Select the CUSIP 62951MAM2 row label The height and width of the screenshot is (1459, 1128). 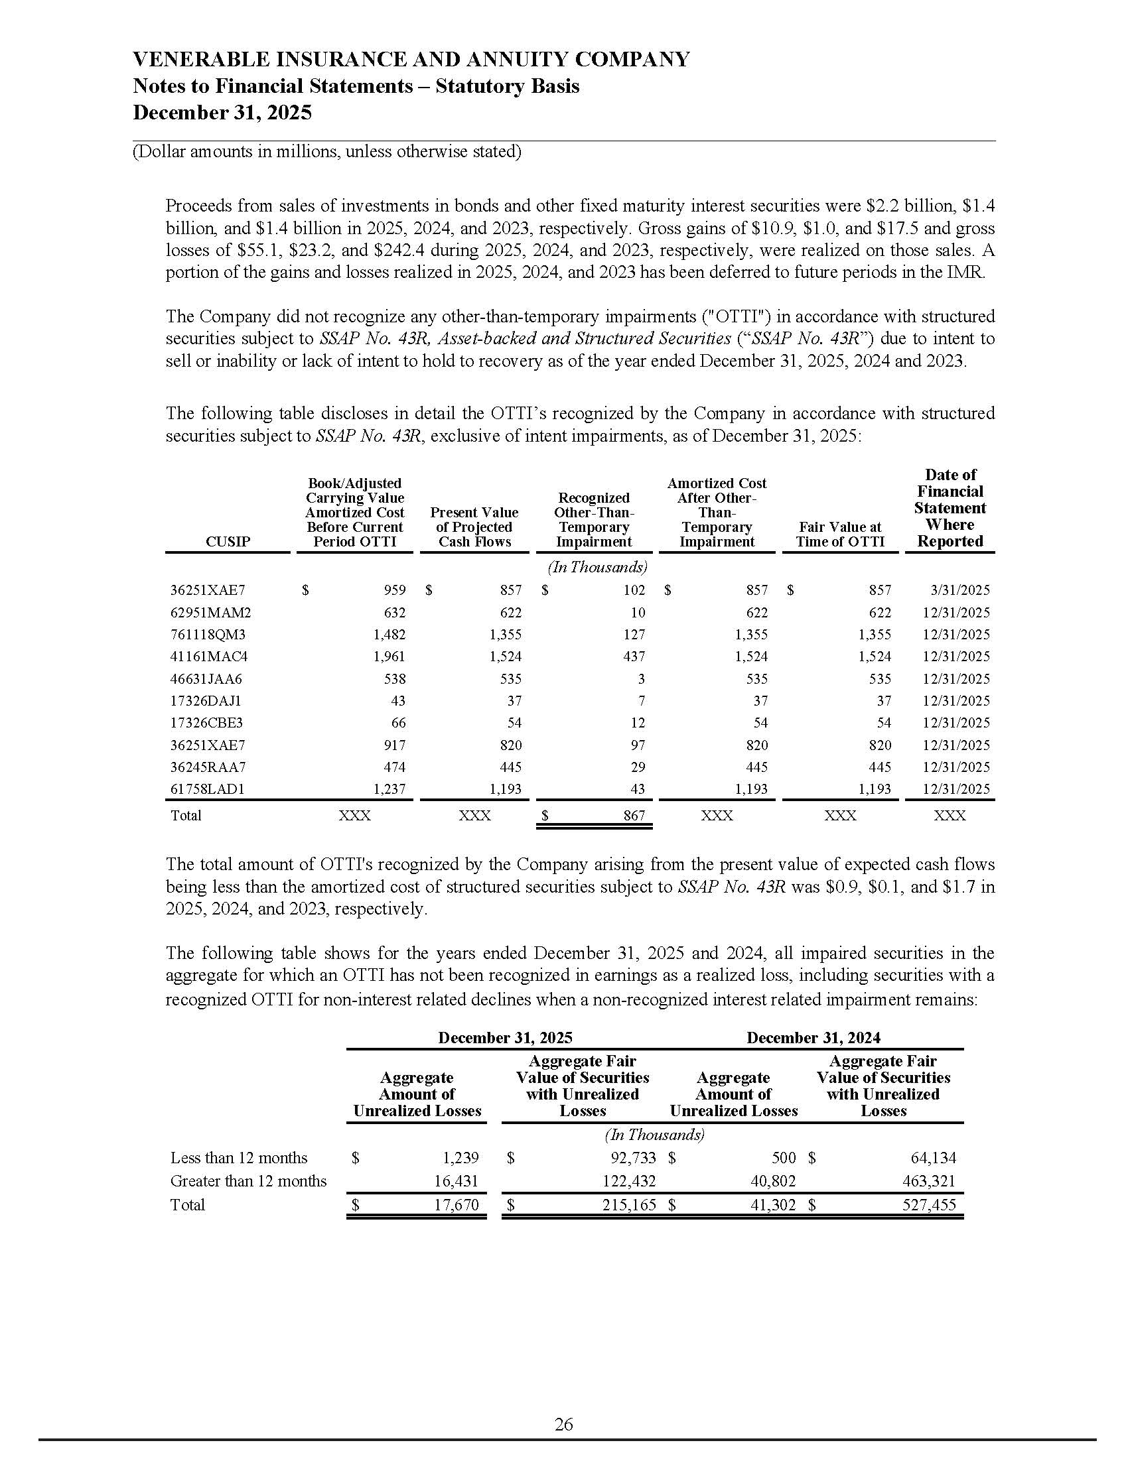click(x=210, y=613)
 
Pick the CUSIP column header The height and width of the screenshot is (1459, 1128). click(x=228, y=542)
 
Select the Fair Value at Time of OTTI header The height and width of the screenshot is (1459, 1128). click(x=840, y=535)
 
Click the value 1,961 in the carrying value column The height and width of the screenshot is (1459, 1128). click(x=389, y=657)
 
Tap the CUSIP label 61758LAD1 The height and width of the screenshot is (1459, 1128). click(x=208, y=789)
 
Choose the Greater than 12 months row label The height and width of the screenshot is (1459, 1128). click(x=248, y=1181)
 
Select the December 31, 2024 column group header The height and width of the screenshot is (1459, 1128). click(x=813, y=1037)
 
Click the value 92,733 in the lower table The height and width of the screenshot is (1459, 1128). click(x=630, y=1158)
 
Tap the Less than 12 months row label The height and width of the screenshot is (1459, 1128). click(x=239, y=1158)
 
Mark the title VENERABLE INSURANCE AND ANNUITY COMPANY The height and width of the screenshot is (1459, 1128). click(x=411, y=60)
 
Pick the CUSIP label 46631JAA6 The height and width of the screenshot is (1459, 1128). click(x=206, y=679)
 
